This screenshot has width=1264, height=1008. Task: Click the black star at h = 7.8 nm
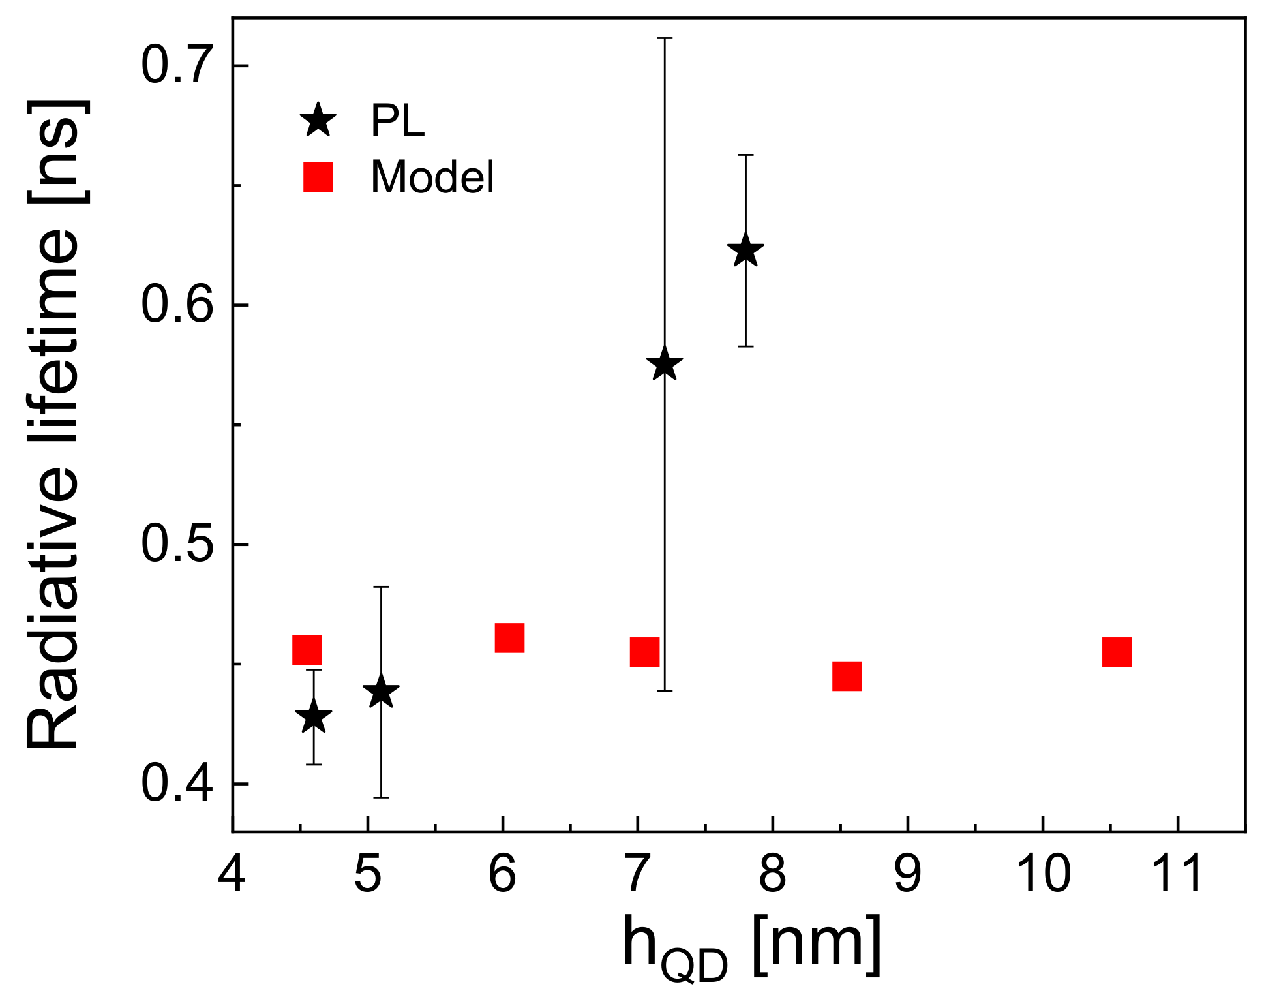[745, 252]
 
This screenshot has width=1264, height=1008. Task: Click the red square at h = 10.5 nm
[1117, 652]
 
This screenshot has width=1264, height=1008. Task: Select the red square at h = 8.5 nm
[847, 676]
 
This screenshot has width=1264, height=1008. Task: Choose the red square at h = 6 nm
[509, 637]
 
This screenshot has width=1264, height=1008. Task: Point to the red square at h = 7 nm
[644, 652]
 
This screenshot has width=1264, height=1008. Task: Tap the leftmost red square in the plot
[307, 650]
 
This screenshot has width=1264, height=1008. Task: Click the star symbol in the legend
[318, 120]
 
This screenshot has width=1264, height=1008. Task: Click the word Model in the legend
[432, 177]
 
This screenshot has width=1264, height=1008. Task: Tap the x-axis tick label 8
[772, 874]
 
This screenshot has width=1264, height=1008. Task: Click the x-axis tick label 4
[232, 874]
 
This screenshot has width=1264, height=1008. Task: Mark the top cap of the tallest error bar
[664, 38]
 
